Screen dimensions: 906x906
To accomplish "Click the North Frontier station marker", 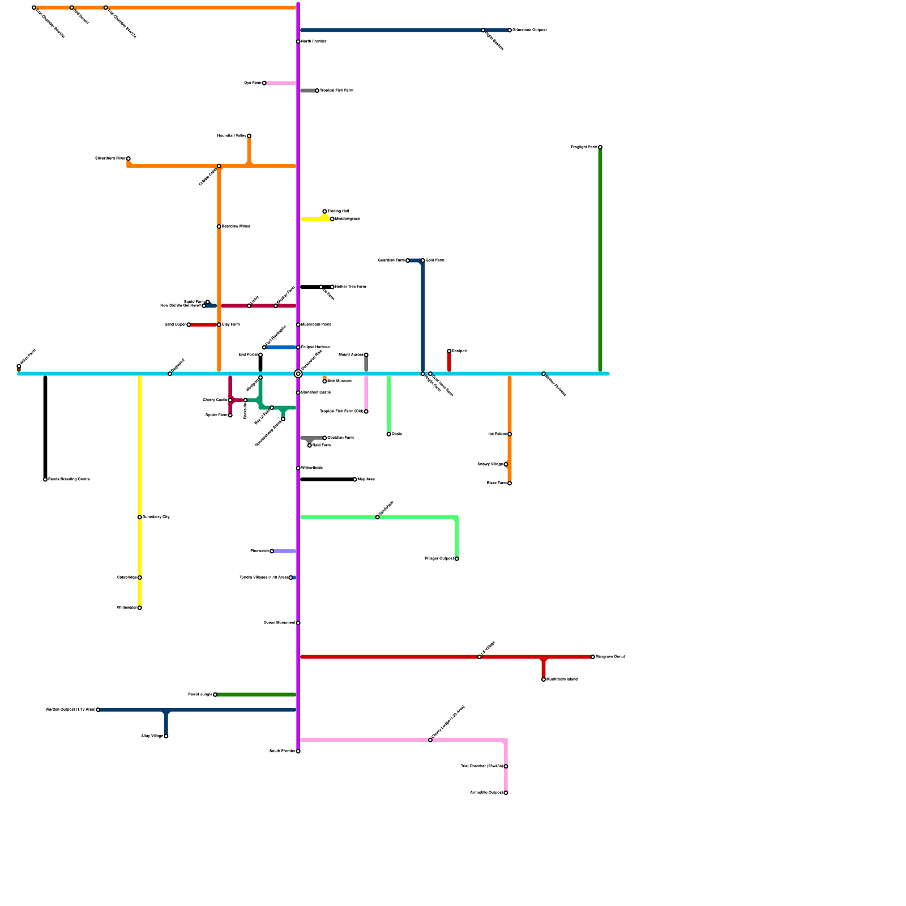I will coord(298,41).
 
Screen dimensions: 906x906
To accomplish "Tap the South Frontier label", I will coord(282,751).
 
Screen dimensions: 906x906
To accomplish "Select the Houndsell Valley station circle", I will coord(249,136).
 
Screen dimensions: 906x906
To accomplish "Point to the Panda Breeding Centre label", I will coord(69,480).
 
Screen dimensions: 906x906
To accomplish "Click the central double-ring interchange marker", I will coord(298,374).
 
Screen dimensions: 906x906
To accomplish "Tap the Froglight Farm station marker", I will coord(600,147).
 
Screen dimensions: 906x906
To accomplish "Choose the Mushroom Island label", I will coord(562,679).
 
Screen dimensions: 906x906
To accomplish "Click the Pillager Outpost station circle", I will coord(456,559).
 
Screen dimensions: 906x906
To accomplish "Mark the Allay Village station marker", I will coord(166,736).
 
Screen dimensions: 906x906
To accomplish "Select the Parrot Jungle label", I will coord(200,695).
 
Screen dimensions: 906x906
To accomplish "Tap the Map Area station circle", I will coord(355,480).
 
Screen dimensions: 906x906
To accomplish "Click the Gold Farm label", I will coord(435,260).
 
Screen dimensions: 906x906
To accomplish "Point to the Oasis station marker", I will coord(388,434).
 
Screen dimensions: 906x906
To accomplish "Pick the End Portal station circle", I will coord(260,355).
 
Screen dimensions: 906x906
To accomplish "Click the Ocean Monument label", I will coord(279,623).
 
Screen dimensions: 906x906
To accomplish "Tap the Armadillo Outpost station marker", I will coord(506,793).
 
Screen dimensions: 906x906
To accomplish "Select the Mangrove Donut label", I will coord(610,657).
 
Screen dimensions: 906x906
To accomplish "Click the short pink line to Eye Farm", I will coord(281,83).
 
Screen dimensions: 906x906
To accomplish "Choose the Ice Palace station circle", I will coord(510,434).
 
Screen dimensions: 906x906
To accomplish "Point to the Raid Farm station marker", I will coord(309,446).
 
